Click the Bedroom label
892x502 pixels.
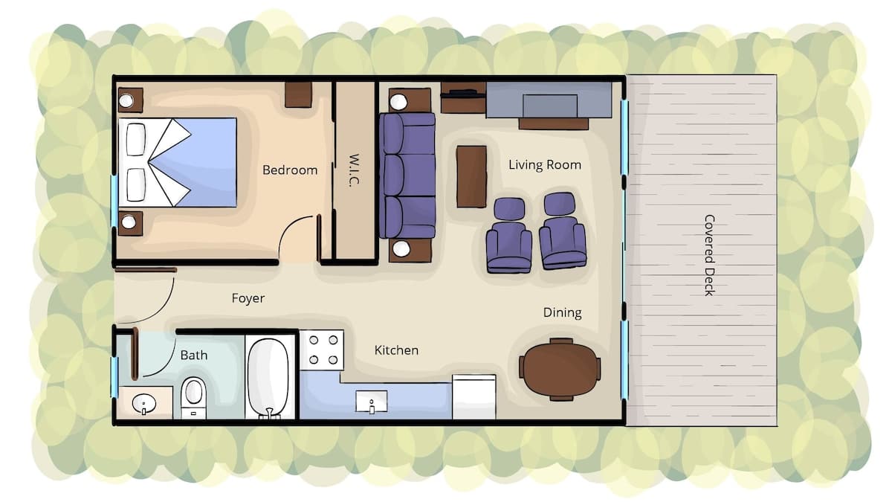[290, 170]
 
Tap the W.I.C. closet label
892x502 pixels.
[354, 170]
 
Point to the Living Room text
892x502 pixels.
[545, 165]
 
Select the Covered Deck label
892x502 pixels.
[710, 255]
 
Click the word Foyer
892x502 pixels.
[248, 298]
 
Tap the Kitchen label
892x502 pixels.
[396, 350]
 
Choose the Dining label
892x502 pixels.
[562, 313]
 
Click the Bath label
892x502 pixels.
[193, 355]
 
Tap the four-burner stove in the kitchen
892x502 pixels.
[322, 350]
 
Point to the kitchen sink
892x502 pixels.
[371, 402]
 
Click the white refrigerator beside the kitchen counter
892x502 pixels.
[474, 397]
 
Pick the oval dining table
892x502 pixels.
[560, 370]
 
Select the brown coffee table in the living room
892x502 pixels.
[471, 176]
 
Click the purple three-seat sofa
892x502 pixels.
[407, 176]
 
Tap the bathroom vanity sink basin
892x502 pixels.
[143, 403]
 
